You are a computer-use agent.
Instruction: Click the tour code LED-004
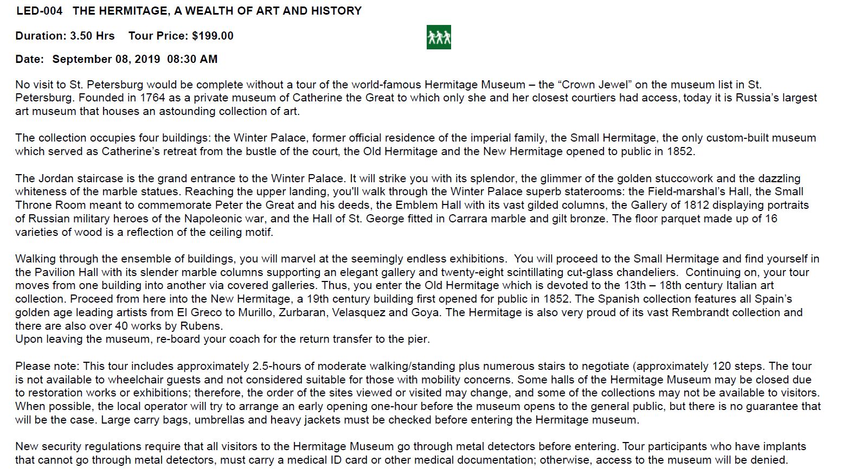[39, 11]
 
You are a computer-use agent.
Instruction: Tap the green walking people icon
[439, 37]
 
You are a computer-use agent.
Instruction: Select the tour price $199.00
[213, 36]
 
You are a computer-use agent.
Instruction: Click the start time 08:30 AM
[192, 59]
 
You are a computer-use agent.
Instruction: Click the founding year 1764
[152, 98]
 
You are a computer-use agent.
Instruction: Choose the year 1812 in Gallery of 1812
[697, 205]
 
